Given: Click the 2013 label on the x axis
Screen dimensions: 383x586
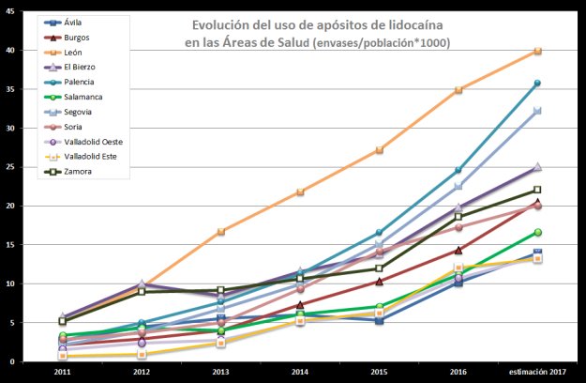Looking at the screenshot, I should (x=220, y=372).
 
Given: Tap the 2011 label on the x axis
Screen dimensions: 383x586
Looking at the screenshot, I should (x=61, y=372).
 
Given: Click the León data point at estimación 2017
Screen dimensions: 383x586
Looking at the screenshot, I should (x=537, y=51).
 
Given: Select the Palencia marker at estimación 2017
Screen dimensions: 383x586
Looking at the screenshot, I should (x=537, y=84).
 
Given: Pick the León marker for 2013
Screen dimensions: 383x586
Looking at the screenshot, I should (x=221, y=231).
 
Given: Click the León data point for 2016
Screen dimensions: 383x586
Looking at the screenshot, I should (x=458, y=90).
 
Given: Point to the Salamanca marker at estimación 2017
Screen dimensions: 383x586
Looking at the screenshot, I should (x=537, y=232).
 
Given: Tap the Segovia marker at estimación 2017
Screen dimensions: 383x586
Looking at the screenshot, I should (x=537, y=111).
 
